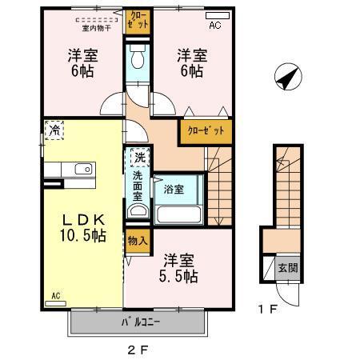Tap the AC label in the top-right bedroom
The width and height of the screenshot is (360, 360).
pyautogui.click(x=214, y=26)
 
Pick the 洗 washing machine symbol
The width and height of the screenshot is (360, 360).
pyautogui.click(x=139, y=157)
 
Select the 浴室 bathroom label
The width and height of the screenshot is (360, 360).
pyautogui.click(x=174, y=190)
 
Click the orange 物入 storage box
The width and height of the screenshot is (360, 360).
pyautogui.click(x=137, y=241)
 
